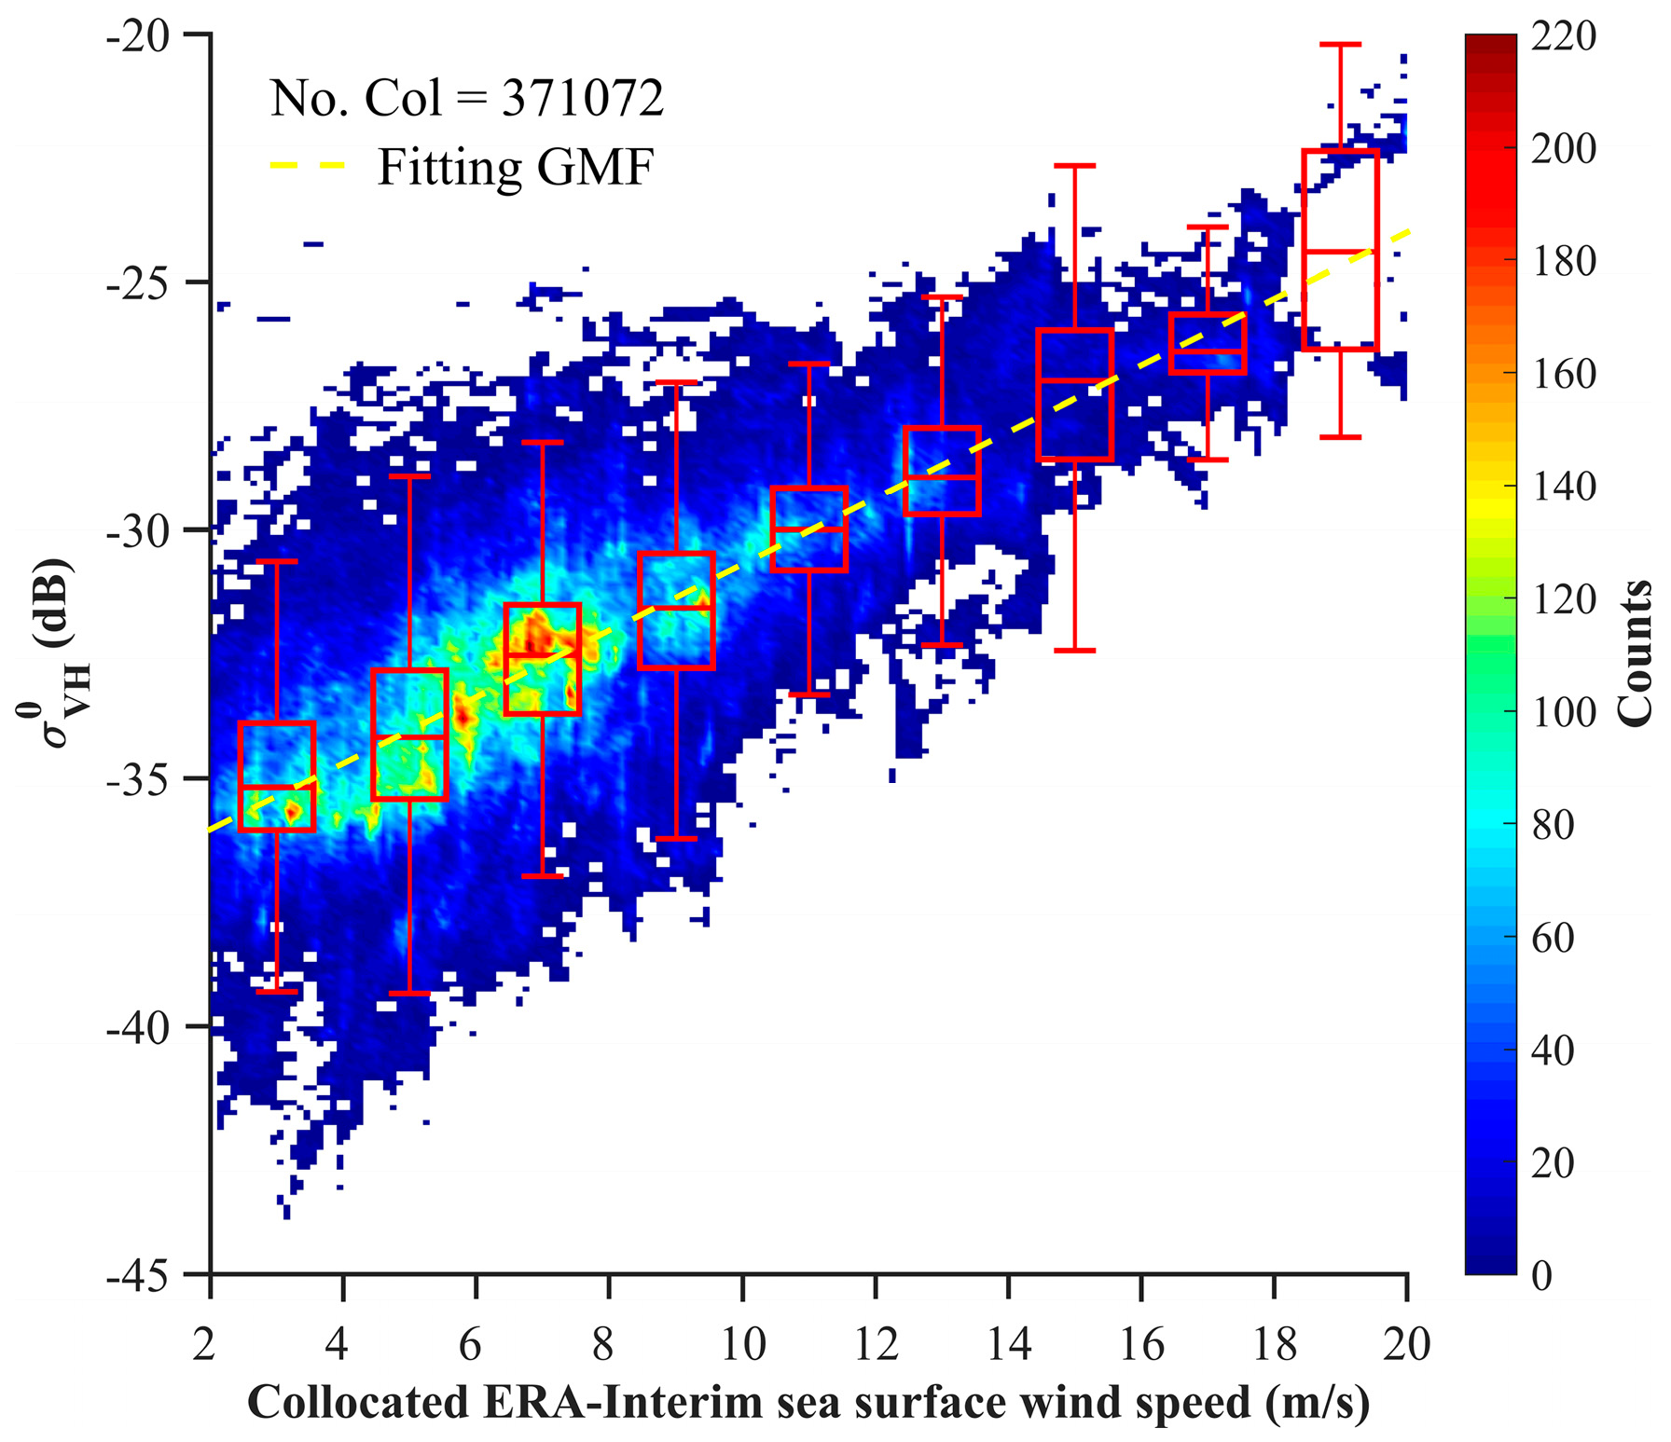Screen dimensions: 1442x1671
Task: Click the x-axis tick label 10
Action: click(x=742, y=1344)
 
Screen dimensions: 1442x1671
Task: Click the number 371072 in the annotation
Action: click(x=583, y=98)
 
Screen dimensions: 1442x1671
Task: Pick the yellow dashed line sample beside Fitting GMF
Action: click(x=309, y=166)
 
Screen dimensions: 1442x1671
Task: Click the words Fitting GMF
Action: click(x=516, y=168)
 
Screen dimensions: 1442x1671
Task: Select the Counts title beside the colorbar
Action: click(x=1634, y=652)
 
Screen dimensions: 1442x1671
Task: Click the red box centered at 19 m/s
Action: click(x=1340, y=250)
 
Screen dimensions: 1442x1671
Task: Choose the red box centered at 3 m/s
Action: click(x=277, y=776)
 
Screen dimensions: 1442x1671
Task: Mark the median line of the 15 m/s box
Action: click(x=1074, y=380)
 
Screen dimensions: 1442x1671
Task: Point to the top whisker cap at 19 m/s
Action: click(x=1340, y=44)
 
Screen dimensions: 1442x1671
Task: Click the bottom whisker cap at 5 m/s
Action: click(x=409, y=994)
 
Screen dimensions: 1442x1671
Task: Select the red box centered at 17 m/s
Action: click(x=1208, y=343)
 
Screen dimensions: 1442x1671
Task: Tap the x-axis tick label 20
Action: click(x=1406, y=1344)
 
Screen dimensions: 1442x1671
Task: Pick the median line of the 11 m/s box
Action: click(x=808, y=529)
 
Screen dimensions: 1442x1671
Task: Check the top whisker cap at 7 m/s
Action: click(x=543, y=442)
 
